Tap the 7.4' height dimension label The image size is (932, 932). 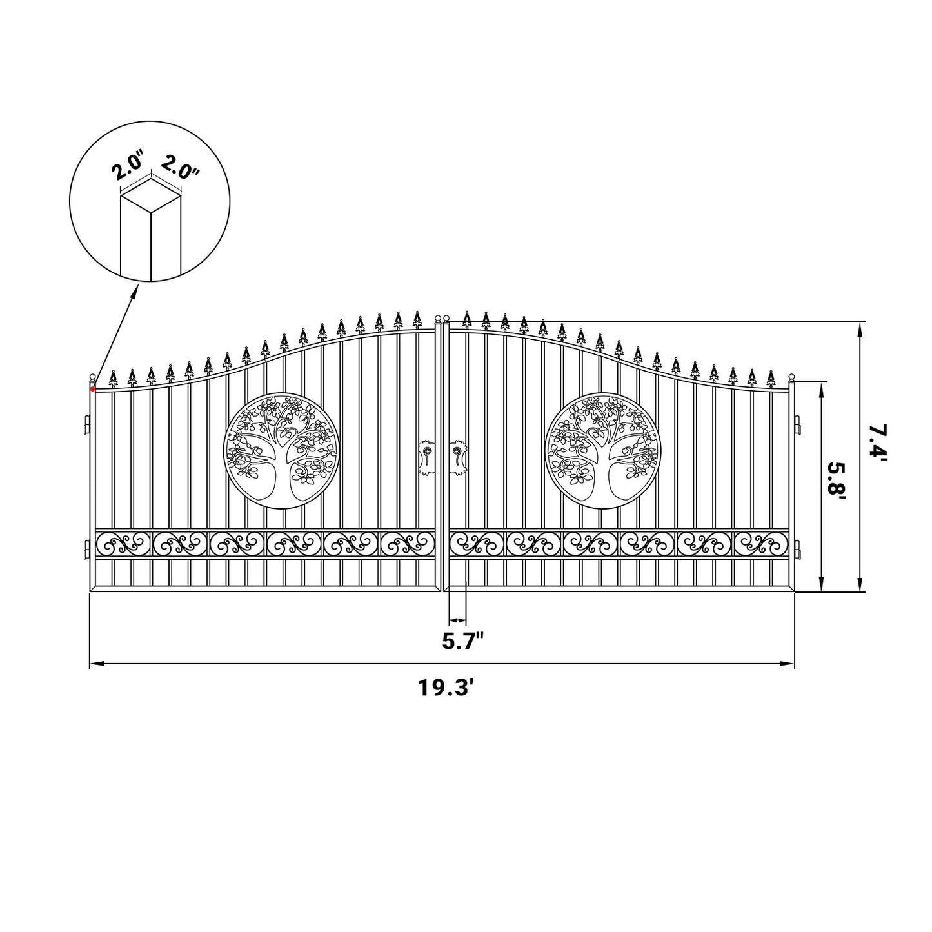click(x=877, y=442)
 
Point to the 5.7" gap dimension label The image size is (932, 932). click(x=462, y=642)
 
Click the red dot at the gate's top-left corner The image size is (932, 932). click(x=93, y=388)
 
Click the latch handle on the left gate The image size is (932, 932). click(x=426, y=457)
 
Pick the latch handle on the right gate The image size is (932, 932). click(x=459, y=457)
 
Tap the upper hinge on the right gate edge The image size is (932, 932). click(x=798, y=426)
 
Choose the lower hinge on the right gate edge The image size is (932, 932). click(x=798, y=550)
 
